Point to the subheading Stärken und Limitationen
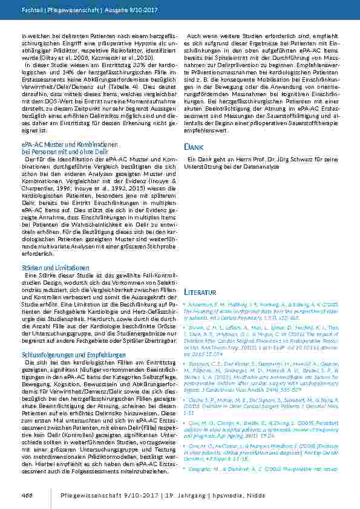(x=47, y=267)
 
